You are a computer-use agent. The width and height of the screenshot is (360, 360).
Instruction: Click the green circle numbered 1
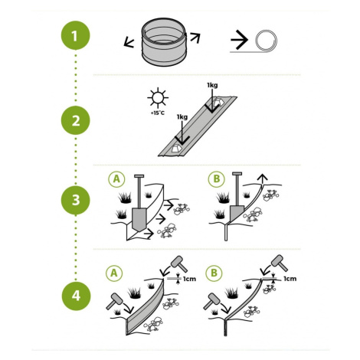76,35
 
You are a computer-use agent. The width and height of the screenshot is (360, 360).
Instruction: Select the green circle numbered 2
76,120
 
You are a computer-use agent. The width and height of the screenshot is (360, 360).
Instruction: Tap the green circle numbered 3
76,200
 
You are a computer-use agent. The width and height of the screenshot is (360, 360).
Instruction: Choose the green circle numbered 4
76,296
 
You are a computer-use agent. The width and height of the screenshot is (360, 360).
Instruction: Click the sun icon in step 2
158,98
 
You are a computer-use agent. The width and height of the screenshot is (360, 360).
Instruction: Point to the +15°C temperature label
158,113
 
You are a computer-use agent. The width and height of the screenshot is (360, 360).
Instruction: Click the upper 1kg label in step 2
212,85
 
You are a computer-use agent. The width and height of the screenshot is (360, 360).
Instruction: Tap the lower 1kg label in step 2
182,117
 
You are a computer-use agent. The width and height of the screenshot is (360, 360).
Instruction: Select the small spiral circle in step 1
267,41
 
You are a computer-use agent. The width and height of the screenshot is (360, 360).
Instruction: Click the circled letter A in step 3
116,179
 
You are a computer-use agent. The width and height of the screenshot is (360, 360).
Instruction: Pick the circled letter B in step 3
217,179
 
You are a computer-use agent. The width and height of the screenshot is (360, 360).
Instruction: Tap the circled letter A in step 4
114,273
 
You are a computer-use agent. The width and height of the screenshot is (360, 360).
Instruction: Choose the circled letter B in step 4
214,273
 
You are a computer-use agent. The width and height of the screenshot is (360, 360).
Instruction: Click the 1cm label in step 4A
189,279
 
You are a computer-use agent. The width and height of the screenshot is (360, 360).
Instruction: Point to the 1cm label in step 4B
290,279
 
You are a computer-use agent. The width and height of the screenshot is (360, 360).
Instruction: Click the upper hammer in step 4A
179,263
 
